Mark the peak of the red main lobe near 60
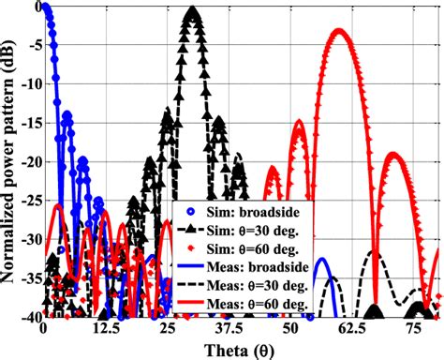339,31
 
